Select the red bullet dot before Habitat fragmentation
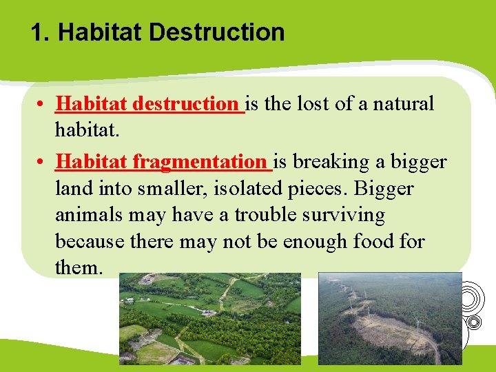43,163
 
